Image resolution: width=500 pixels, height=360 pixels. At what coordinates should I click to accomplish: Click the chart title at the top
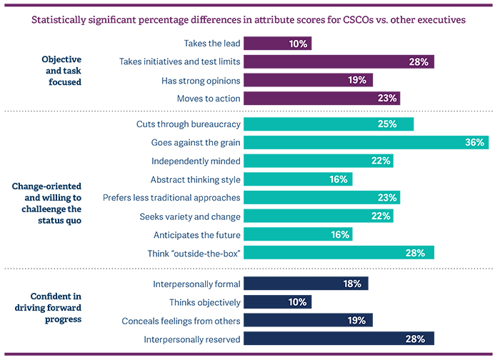tap(248, 20)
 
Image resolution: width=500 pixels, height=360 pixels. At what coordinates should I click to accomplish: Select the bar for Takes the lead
tap(278, 44)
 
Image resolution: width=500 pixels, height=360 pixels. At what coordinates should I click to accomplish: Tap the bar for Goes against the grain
tap(366, 142)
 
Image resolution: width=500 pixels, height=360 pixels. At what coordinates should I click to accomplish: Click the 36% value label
tap(475, 142)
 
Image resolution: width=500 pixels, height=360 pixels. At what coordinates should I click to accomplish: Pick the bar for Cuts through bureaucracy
tap(329, 124)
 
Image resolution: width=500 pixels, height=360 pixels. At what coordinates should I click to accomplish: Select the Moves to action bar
tap(322, 98)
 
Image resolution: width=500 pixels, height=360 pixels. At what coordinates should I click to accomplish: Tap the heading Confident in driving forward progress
tap(56, 308)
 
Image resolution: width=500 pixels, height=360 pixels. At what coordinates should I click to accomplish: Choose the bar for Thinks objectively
tap(278, 302)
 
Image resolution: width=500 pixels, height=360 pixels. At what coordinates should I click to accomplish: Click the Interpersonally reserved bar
tap(339, 339)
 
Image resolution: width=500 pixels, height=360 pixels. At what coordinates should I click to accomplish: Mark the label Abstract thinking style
tap(195, 179)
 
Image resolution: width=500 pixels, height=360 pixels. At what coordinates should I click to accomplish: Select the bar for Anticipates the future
tap(299, 234)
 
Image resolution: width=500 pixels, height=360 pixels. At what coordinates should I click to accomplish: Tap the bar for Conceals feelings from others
tap(309, 321)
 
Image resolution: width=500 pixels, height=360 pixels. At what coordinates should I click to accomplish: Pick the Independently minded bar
tap(319, 161)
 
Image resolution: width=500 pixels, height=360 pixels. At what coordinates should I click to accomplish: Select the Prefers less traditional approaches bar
tap(322, 197)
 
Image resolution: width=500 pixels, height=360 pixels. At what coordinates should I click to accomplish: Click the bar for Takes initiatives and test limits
tap(339, 61)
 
